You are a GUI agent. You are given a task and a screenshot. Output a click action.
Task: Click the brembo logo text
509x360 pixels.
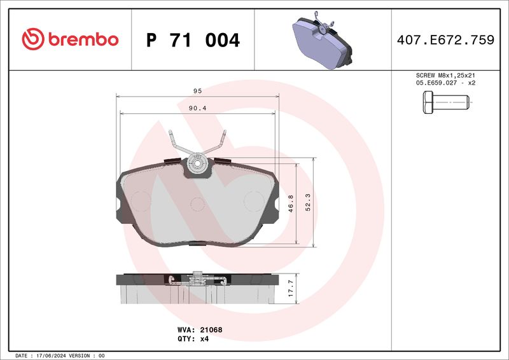click(x=83, y=39)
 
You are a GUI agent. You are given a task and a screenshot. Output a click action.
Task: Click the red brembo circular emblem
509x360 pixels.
click(x=33, y=39)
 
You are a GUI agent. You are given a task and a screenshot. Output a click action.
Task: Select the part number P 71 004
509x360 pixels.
click(x=193, y=40)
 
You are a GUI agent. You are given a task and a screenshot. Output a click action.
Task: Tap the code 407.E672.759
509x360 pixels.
click(x=445, y=39)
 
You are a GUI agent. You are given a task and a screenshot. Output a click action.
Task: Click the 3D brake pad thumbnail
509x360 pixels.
click(x=322, y=40)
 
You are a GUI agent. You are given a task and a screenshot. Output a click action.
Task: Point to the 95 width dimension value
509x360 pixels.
click(x=197, y=91)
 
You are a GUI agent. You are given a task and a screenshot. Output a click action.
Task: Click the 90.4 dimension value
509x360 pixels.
click(x=198, y=108)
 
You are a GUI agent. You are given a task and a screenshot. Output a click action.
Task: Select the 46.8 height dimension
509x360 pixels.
click(x=291, y=204)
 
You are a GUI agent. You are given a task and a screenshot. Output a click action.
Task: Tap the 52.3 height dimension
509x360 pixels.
click(x=308, y=202)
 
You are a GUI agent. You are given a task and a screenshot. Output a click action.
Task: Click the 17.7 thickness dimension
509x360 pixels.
click(x=291, y=288)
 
